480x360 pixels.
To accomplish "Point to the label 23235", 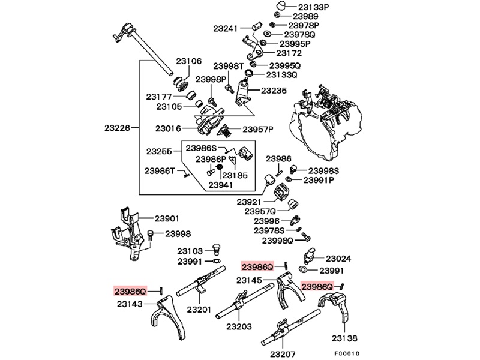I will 274,90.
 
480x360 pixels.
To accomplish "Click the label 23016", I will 169,128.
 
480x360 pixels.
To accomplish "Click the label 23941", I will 221,185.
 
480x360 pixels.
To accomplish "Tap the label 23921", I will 249,202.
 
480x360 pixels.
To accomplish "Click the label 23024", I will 338,259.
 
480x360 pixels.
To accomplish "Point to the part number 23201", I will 199,310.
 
